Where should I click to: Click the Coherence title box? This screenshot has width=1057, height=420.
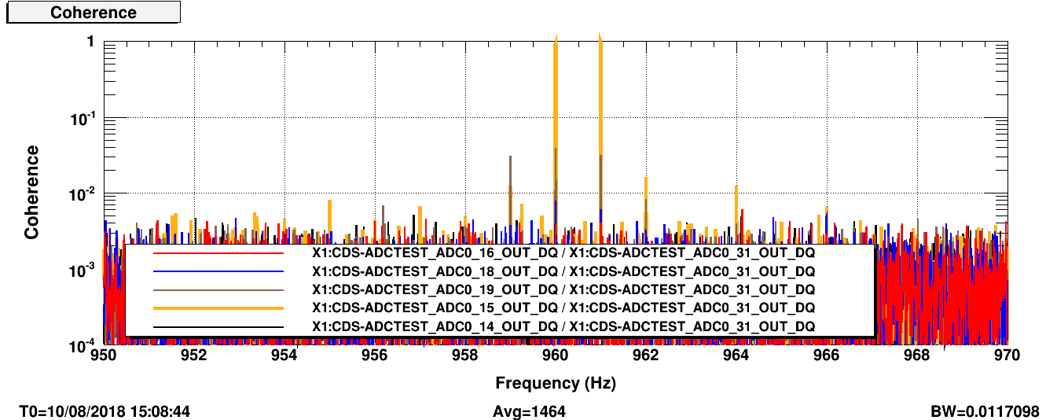[x=94, y=13]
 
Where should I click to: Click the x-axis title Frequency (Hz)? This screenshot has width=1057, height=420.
[x=555, y=383]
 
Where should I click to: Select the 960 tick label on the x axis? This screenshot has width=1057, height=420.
[x=555, y=355]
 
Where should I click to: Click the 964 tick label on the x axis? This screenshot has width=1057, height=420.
[x=736, y=355]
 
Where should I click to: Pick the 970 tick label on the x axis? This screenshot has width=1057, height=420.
[x=1007, y=355]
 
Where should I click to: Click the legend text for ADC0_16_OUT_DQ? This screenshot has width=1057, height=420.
[x=563, y=253]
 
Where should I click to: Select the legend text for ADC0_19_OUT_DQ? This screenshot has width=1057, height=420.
[x=563, y=289]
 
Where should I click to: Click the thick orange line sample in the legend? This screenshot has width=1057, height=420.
[x=218, y=308]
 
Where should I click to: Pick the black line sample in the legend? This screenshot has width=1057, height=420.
[x=218, y=326]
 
